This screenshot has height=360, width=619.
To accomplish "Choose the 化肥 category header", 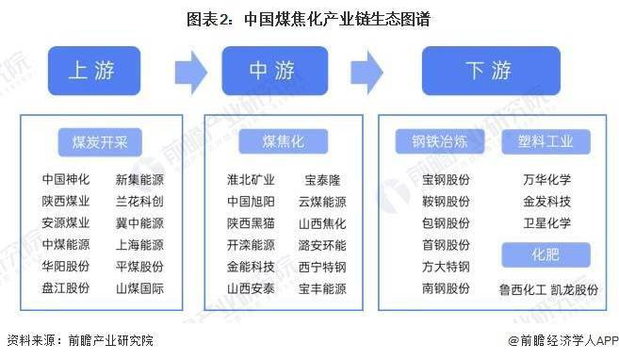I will click(545, 254).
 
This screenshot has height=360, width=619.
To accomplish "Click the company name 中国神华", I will click(66, 179).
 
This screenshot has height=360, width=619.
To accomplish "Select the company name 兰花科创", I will click(139, 202).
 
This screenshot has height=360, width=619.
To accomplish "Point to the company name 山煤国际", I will click(139, 288).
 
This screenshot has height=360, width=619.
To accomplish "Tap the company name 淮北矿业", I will click(251, 179).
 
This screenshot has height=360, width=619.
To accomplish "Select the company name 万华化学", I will click(546, 179).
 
